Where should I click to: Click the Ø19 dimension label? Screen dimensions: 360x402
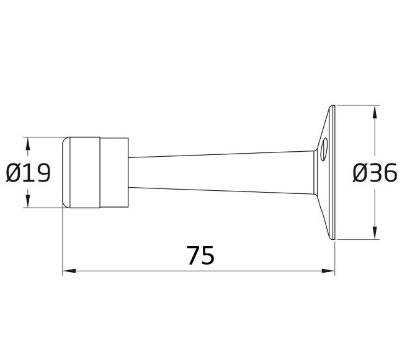click(28, 173)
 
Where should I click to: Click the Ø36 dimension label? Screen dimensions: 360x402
click(375, 173)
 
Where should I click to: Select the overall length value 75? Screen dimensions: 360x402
click(200, 255)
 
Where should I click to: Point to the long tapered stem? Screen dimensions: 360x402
click(223, 172)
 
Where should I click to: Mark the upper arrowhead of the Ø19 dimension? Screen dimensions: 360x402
click(27, 143)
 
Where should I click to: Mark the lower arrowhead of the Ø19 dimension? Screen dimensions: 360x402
click(27, 201)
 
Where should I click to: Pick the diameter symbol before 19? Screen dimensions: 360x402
click(14, 173)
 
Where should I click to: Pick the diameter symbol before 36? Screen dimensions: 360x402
click(360, 173)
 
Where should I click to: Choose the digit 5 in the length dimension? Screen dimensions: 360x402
click(208, 255)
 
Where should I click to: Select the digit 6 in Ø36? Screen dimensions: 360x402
click(389, 173)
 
